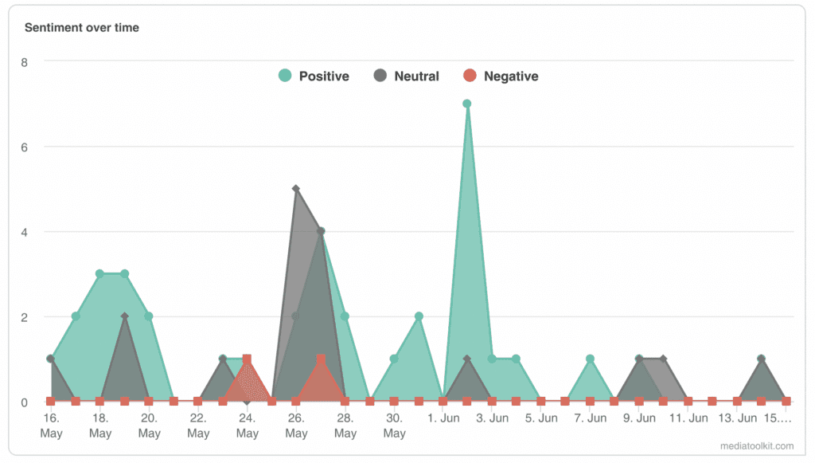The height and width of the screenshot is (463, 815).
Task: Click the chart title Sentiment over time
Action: pyautogui.click(x=82, y=28)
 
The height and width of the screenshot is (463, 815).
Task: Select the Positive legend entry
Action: pyautogui.click(x=314, y=77)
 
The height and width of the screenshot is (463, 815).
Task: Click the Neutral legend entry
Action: pyautogui.click(x=406, y=77)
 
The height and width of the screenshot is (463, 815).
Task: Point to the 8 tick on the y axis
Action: pyautogui.click(x=24, y=61)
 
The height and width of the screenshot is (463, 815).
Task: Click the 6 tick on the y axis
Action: pyautogui.click(x=24, y=147)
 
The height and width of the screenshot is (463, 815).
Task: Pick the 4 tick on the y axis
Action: pyautogui.click(x=24, y=232)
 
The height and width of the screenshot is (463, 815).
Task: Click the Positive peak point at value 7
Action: pyautogui.click(x=467, y=104)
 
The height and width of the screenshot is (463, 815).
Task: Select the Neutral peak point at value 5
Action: pyautogui.click(x=296, y=189)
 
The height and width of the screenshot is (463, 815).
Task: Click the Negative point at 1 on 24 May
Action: pyautogui.click(x=247, y=359)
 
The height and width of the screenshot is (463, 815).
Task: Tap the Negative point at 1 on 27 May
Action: pyautogui.click(x=321, y=359)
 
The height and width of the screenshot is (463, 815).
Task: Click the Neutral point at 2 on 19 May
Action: pyautogui.click(x=124, y=316)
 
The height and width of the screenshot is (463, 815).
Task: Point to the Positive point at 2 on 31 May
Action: pyautogui.click(x=419, y=316)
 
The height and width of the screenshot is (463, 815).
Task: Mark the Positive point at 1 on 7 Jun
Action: pyautogui.click(x=590, y=359)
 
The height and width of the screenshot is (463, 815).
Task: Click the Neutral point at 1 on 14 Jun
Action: pyautogui.click(x=762, y=359)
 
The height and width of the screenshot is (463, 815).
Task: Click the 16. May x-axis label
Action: pyautogui.click(x=51, y=426)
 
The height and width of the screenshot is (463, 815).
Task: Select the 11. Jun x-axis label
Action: pyautogui.click(x=688, y=418)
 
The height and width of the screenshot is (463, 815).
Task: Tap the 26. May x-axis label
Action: pyautogui.click(x=296, y=426)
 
